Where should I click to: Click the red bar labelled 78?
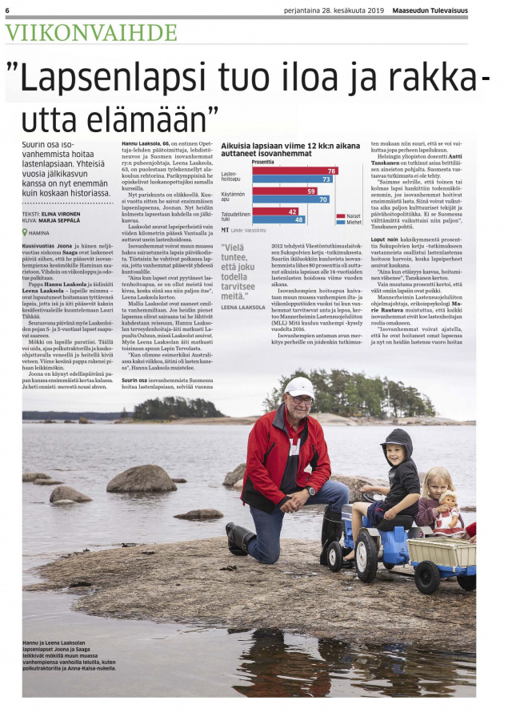[x=295, y=171]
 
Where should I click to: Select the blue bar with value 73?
[x=293, y=179]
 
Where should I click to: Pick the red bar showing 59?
[x=285, y=191]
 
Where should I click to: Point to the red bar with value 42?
[x=276, y=211]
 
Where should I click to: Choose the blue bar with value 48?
[x=279, y=220]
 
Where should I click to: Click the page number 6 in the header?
[x=7, y=10]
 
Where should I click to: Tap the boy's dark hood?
[x=398, y=439]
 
